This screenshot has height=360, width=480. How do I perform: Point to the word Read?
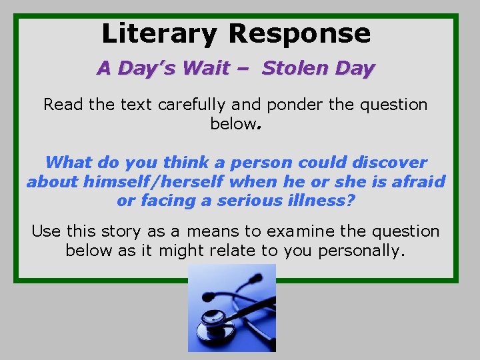[x=60, y=105]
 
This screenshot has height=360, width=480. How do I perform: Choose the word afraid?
[x=413, y=181]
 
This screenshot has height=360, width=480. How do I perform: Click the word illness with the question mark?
[x=324, y=200]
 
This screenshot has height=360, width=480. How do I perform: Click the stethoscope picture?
[x=231, y=307]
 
